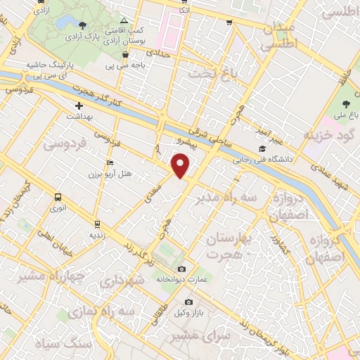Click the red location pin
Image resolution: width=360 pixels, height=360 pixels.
click(x=181, y=166)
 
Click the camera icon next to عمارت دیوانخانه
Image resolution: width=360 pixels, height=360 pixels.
click(x=182, y=269)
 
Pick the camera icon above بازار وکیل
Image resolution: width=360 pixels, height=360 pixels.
click(x=188, y=302)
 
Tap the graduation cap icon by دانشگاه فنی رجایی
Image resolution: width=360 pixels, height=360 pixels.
click(x=262, y=148)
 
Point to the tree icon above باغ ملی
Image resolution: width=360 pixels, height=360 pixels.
click(x=343, y=104)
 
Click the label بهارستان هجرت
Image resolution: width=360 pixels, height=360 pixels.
click(x=231, y=247)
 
